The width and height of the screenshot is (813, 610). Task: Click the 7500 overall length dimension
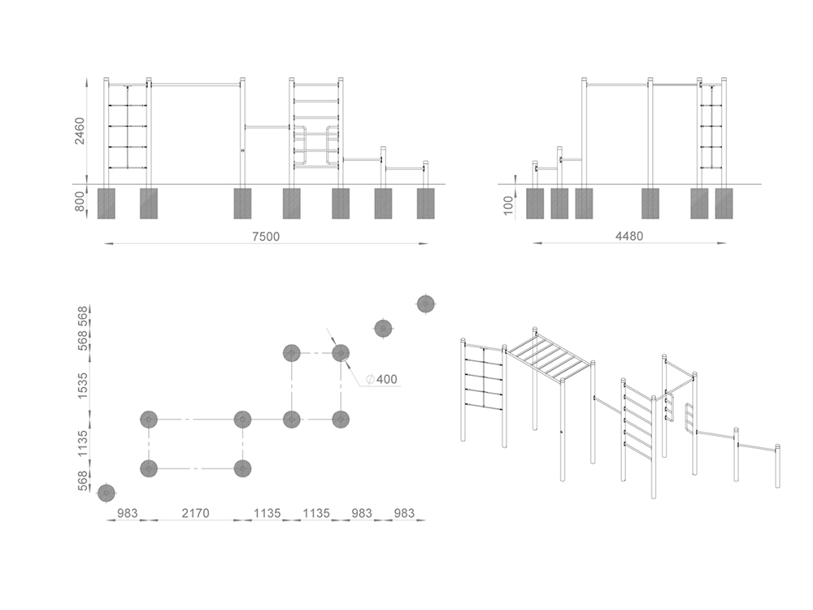coord(266,237)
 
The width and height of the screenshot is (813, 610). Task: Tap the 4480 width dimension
coord(629,236)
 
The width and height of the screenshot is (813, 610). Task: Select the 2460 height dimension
coord(80,131)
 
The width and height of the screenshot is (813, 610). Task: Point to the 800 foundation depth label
coord(80,202)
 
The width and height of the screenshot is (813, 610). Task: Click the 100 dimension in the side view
coord(508,206)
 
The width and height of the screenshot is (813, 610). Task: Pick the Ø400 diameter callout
coord(381,379)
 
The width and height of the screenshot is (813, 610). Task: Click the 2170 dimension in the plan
coord(195,513)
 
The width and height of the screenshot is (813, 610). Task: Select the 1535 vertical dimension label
coord(82,386)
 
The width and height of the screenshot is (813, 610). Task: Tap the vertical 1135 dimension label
coord(82,444)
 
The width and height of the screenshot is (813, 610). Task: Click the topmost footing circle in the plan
coord(426,303)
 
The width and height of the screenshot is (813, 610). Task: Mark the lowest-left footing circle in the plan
coord(107,493)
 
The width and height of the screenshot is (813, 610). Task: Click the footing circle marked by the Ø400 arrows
coord(341,353)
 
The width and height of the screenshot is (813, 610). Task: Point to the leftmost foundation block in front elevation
coord(107,203)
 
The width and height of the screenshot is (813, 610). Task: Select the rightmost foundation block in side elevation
coord(724,203)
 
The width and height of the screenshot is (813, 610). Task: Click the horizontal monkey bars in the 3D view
coord(550,355)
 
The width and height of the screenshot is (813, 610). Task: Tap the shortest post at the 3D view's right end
coord(777,466)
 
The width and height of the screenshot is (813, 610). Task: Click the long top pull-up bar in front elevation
coord(195,83)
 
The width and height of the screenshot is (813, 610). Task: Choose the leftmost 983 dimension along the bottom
coord(127,513)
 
